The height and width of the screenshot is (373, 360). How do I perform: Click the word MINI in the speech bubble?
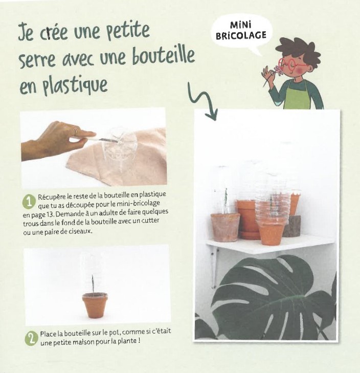tap(241, 25)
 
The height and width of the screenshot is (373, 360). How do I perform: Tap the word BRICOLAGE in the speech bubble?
tap(241, 35)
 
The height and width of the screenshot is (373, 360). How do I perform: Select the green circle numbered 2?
tap(31, 339)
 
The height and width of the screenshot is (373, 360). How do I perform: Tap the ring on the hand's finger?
tap(76, 131)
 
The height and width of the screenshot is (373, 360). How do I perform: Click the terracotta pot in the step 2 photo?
tap(95, 305)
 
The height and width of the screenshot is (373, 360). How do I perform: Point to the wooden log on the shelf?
tap(292, 226)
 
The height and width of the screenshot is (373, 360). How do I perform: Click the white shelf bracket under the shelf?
tap(215, 267)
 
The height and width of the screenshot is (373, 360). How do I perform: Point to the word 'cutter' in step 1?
tap(150, 221)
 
